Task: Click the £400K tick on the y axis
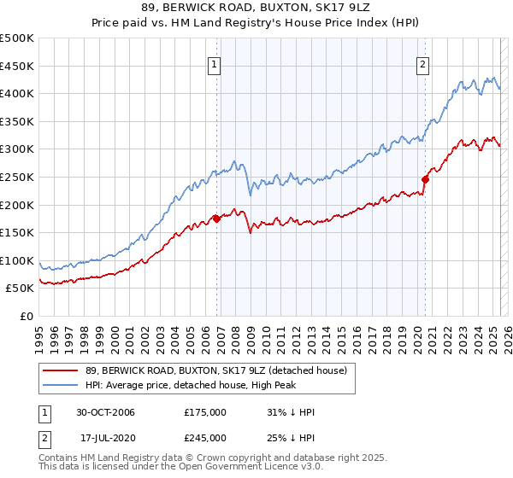(x=17, y=93)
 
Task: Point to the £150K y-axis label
(x=17, y=232)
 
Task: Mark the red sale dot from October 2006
(x=216, y=219)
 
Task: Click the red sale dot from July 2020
(x=424, y=179)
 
